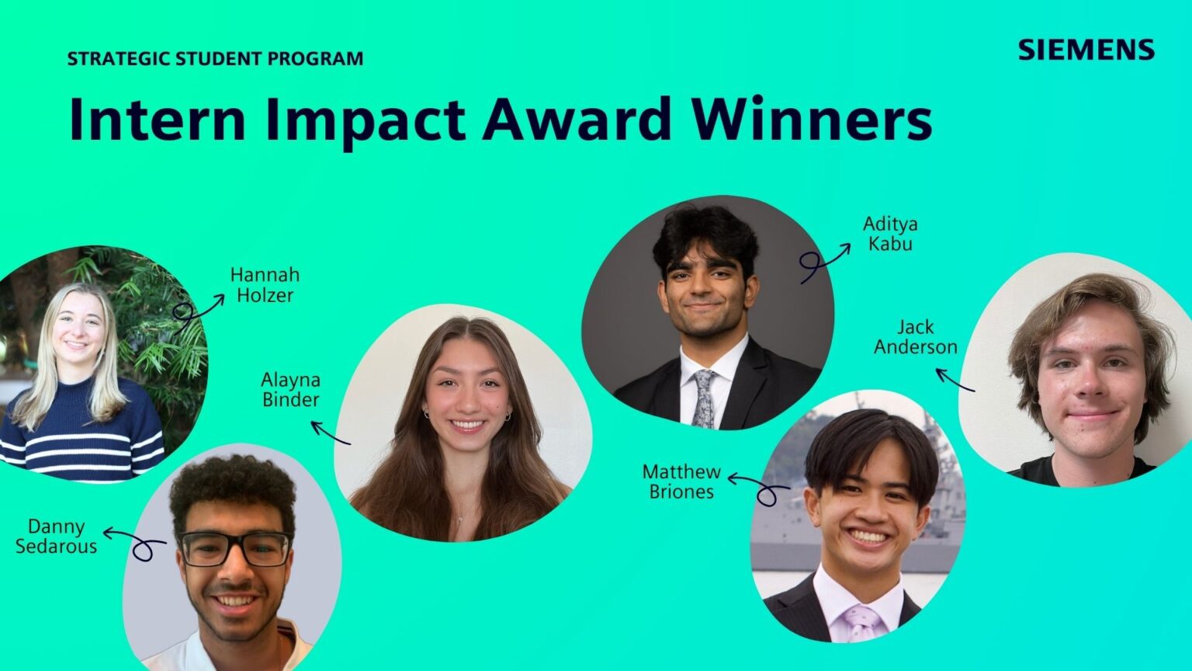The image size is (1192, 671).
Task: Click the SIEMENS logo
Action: coord(1086,50)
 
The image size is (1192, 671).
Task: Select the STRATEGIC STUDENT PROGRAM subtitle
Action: coord(215,58)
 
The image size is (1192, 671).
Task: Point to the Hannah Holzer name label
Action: coord(265,285)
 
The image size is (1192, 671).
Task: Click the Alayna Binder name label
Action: coord(290,390)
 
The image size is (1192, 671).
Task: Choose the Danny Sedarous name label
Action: coord(56,537)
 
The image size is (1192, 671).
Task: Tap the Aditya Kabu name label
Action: coord(890,234)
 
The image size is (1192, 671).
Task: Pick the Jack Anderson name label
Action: coord(916,337)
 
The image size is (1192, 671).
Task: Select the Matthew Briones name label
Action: coord(681,482)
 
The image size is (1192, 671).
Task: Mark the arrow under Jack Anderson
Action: coord(954,380)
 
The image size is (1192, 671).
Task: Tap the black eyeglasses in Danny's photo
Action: coord(234,548)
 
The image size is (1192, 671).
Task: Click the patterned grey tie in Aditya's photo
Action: coord(705,398)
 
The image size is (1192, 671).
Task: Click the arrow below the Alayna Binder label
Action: coord(330,433)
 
